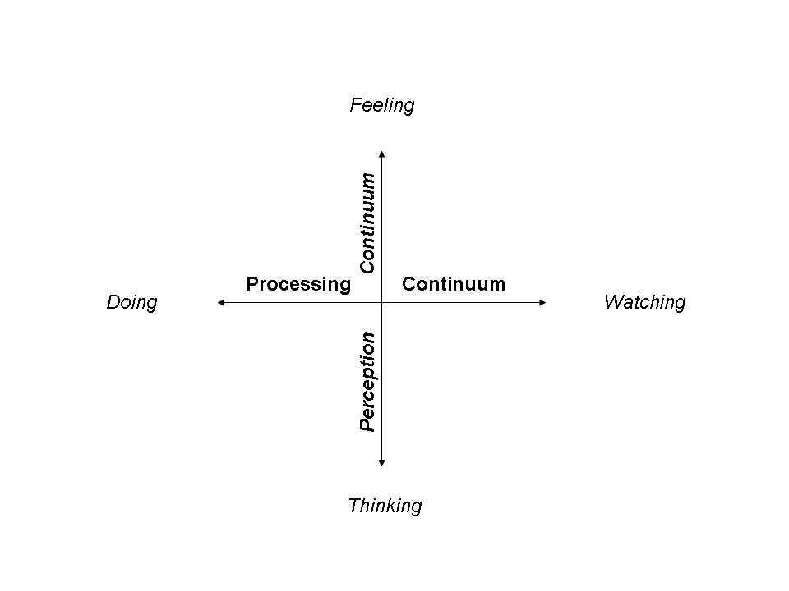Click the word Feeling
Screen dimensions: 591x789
[x=381, y=105]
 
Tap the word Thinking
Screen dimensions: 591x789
[x=385, y=505]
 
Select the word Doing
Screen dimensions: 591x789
[x=131, y=302]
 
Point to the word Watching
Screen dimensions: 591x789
[x=644, y=302]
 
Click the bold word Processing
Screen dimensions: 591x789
[x=298, y=284]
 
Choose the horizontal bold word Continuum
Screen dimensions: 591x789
[x=453, y=284]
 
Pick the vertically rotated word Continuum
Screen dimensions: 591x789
[x=367, y=222]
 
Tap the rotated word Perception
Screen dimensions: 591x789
[x=367, y=382]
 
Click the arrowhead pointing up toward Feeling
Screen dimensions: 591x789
[x=382, y=153]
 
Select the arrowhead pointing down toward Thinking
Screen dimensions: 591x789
[x=382, y=464]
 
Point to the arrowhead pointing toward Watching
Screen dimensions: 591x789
[x=542, y=303]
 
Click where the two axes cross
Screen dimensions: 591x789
[x=382, y=303]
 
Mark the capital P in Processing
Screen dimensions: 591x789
[x=252, y=284]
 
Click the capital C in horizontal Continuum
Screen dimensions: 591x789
[x=408, y=284]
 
